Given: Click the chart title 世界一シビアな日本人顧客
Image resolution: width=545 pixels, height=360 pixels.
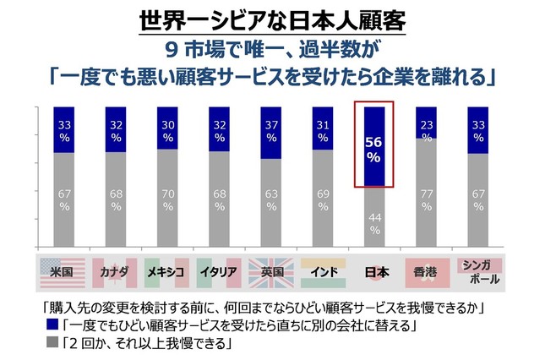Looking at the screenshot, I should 272,17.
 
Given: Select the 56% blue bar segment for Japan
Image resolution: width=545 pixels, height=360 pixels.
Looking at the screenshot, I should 374,146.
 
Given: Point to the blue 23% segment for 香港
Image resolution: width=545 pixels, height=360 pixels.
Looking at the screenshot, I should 426,123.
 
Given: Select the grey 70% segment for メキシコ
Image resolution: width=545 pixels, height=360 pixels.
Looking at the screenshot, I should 168,198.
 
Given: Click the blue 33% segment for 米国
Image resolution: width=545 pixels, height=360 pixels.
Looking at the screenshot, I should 65,130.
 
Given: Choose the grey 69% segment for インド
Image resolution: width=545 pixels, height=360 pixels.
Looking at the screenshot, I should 323,199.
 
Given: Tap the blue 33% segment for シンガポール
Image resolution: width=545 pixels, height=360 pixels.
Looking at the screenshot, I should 477,130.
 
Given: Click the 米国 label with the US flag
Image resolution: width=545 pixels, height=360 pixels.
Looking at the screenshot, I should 64,272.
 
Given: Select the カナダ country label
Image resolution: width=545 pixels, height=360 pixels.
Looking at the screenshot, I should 117,272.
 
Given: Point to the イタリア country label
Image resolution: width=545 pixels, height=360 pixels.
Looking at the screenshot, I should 220,272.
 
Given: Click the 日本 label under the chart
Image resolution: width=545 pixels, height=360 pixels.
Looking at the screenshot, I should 374,272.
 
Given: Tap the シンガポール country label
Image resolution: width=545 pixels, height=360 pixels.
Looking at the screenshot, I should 478,271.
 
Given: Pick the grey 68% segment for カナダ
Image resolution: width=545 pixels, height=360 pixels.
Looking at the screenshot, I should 117,199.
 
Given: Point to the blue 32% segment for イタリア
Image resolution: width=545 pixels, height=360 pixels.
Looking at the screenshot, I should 220,129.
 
